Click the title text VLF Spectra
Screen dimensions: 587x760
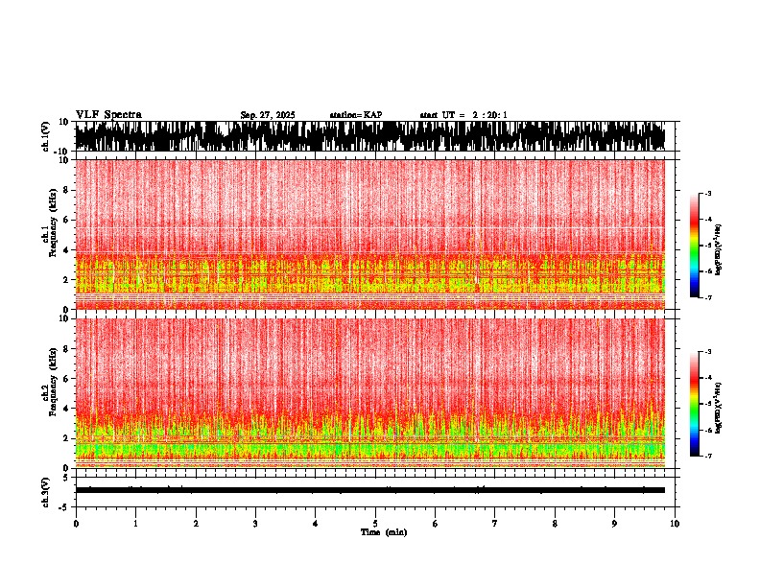pos(108,115)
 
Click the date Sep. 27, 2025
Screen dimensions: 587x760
pos(267,115)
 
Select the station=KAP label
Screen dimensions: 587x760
pos(356,115)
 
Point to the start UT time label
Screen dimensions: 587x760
pos(463,115)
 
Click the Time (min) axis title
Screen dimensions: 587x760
pos(383,532)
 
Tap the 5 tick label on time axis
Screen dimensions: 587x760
pos(375,524)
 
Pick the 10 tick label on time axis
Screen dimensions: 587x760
pos(675,524)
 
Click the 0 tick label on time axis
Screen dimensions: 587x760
pos(76,524)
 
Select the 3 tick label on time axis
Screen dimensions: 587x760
pos(255,524)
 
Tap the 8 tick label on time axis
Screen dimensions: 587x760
pos(555,524)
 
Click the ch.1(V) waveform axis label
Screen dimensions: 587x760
pos(45,136)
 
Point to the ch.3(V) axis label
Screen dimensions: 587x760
pos(45,491)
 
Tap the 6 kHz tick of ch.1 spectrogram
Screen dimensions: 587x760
pos(65,220)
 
